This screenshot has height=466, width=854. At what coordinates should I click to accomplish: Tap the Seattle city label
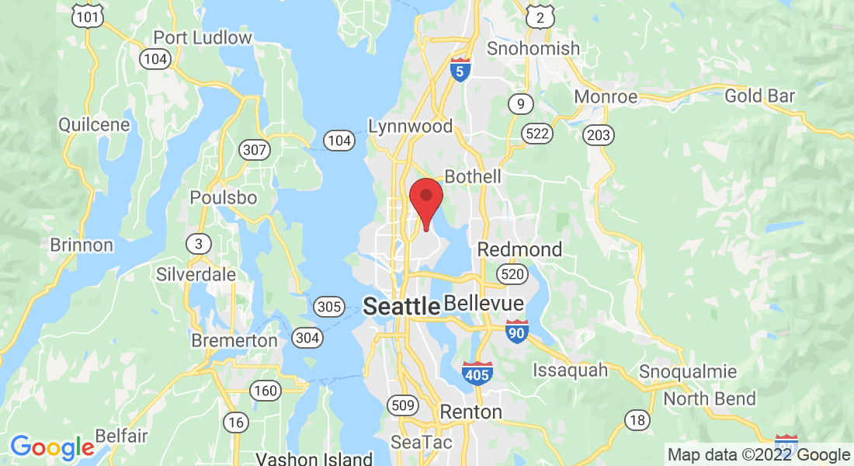tap(401, 306)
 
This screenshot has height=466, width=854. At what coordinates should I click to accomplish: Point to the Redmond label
tap(519, 249)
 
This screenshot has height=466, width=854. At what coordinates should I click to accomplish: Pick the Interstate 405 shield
tap(476, 372)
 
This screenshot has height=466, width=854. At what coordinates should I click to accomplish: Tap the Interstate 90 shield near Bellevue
tap(516, 331)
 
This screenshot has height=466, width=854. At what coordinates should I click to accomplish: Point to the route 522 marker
tap(536, 133)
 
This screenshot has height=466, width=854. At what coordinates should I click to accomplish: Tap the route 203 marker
tap(599, 134)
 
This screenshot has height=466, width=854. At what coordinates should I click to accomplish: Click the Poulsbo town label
tap(224, 197)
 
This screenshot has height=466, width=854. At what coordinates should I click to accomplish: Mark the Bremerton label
tap(234, 340)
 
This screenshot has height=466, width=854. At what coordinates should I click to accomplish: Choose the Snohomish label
tap(533, 48)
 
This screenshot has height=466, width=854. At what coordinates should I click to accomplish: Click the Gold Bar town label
tap(759, 96)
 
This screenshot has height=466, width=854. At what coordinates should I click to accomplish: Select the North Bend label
tap(710, 398)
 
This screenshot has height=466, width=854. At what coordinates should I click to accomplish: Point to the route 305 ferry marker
tap(329, 307)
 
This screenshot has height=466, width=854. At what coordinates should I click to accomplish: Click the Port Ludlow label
tap(203, 37)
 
